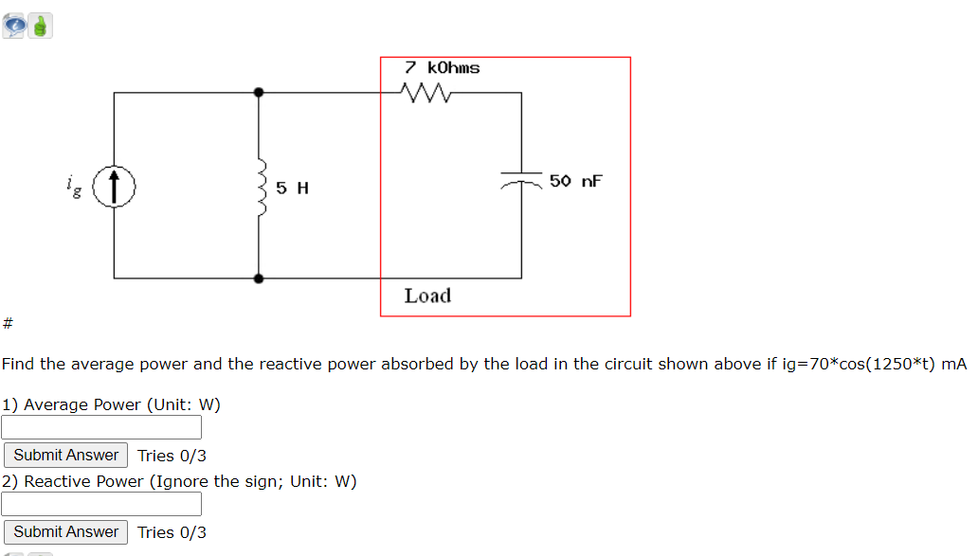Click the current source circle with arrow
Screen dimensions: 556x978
coord(115,186)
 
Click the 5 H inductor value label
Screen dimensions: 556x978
coord(292,188)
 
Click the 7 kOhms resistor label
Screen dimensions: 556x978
coord(442,68)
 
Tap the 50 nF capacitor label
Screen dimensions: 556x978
coord(575,181)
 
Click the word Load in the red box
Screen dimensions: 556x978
coord(427,296)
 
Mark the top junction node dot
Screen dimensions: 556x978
coord(258,93)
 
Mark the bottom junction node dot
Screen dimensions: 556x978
coord(258,278)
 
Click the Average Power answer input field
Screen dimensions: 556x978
coord(101,428)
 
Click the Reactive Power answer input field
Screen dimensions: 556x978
coord(101,504)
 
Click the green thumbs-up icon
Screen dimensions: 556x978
coord(40,27)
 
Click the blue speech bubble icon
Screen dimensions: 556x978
coord(14,26)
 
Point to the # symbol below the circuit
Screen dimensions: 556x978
coord(7,325)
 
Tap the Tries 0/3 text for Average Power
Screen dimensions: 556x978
coord(172,456)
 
